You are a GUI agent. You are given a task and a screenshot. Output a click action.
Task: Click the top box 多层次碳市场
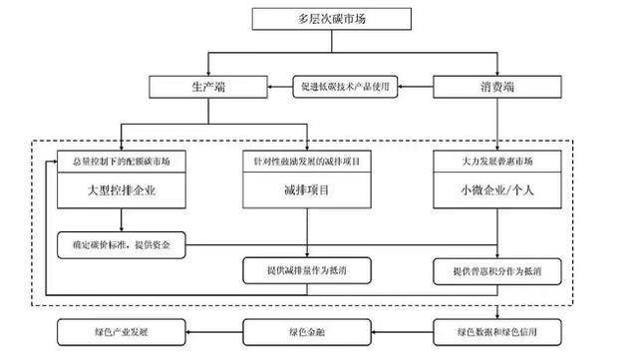318,19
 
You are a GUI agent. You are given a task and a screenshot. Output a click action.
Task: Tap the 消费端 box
482,87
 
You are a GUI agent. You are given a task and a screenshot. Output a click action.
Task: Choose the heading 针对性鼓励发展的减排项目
306,161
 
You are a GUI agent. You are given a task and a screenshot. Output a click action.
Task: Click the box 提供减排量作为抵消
306,269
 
